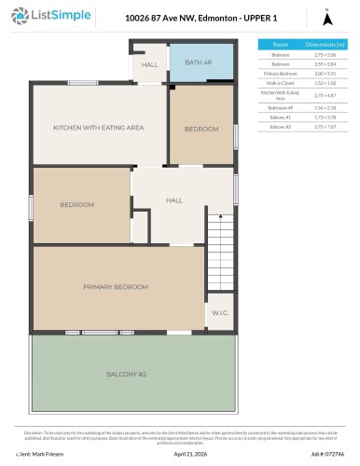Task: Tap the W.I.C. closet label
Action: (219, 312)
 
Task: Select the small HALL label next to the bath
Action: (150, 65)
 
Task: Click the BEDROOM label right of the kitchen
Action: (201, 128)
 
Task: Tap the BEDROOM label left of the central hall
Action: (77, 204)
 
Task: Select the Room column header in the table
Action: (280, 44)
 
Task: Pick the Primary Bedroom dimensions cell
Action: (325, 72)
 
